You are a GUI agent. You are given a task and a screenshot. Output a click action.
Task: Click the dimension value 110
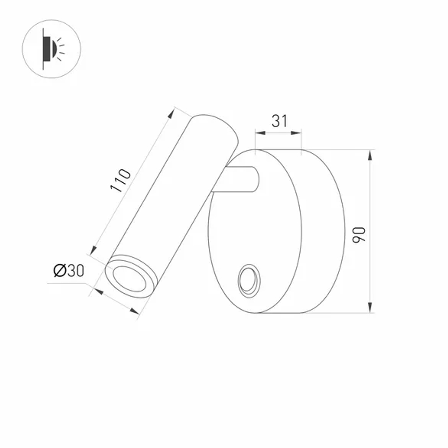121,180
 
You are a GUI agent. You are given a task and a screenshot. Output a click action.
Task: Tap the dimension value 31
279,121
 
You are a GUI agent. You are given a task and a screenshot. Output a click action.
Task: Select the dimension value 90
360,235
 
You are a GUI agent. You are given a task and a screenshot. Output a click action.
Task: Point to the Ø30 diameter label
69,271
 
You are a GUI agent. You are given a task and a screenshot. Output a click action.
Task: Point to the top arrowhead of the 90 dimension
370,155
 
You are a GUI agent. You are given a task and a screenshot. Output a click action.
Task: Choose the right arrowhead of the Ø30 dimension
134,311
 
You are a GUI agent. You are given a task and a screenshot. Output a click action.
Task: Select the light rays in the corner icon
60,49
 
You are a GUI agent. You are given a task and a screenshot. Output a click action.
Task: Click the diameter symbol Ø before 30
59,271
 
